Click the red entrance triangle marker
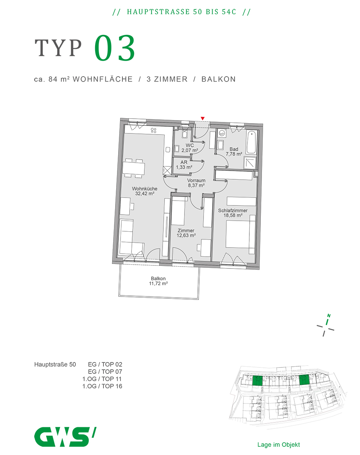click(x=202, y=118)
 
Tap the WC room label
click(x=189, y=148)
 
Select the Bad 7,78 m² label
click(x=234, y=152)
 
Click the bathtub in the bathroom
click(x=251, y=142)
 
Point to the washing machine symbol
click(x=222, y=133)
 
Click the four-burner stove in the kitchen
click(x=154, y=130)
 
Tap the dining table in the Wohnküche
click(x=134, y=168)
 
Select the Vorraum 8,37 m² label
click(x=196, y=183)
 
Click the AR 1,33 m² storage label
click(x=184, y=165)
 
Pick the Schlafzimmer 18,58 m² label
click(x=233, y=213)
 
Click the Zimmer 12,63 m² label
click(x=186, y=233)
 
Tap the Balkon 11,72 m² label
click(x=158, y=281)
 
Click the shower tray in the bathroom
click(x=250, y=163)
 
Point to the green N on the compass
click(x=329, y=316)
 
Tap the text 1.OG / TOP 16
click(x=102, y=386)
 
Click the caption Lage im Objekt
click(x=279, y=444)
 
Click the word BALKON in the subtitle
click(x=218, y=79)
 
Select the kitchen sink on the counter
click(x=168, y=149)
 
